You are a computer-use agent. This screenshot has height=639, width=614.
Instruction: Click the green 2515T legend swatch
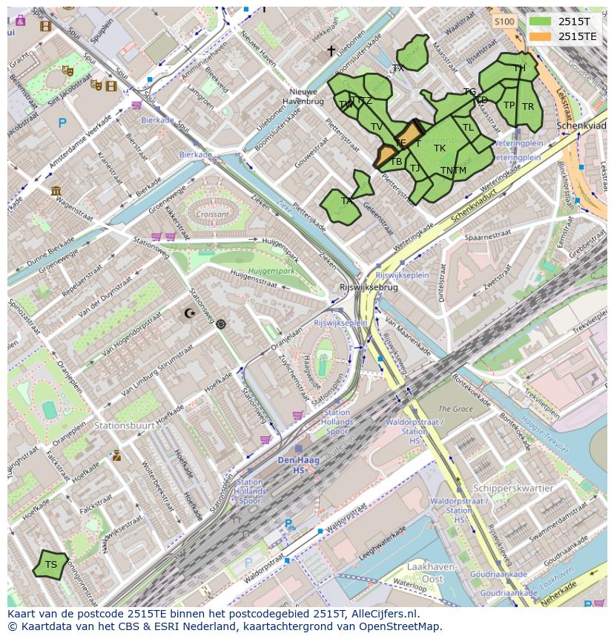tap(541, 22)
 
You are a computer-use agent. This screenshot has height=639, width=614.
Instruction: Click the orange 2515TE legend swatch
tap(541, 36)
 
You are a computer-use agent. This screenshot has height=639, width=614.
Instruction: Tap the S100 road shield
tap(504, 22)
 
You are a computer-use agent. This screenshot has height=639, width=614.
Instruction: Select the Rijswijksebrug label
tap(369, 287)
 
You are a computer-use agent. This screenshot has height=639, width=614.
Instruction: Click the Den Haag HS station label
tap(298, 465)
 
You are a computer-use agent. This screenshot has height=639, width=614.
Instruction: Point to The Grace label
tap(455, 409)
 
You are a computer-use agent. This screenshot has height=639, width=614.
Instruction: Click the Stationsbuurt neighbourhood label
tap(124, 425)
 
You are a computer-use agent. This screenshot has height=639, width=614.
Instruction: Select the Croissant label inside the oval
tap(213, 214)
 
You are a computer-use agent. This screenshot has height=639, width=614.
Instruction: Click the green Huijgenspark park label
tap(271, 271)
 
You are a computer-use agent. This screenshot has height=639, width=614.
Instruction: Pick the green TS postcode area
tap(50, 565)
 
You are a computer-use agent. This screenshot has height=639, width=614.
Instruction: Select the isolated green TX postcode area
tap(412, 54)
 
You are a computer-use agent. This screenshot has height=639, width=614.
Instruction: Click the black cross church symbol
tap(331, 51)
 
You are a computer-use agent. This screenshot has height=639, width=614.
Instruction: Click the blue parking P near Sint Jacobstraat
tap(62, 123)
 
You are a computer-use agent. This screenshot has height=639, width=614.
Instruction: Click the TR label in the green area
tap(528, 107)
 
